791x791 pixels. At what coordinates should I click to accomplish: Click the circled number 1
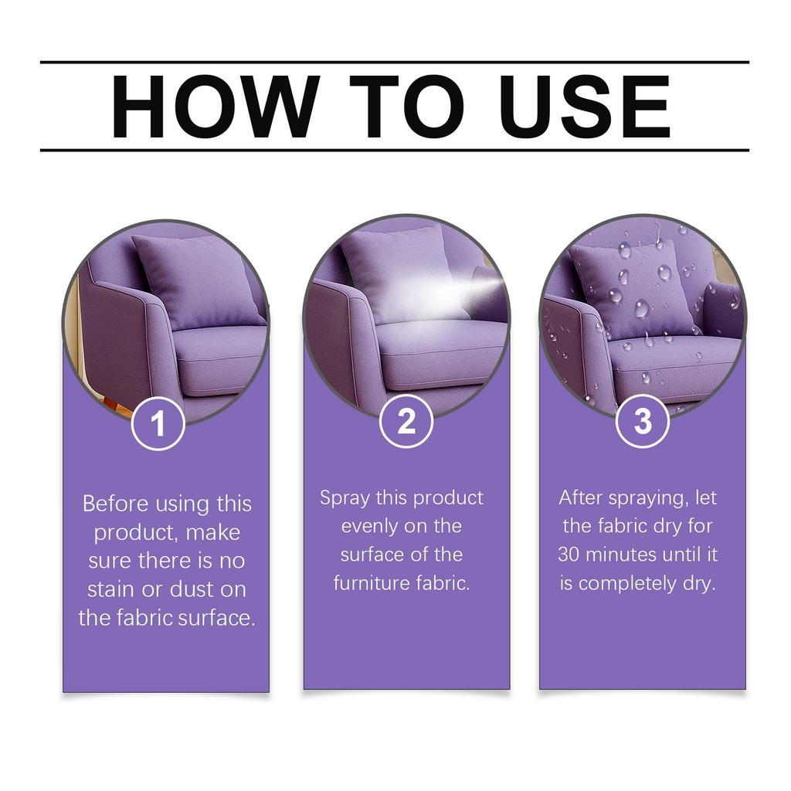[x=158, y=423]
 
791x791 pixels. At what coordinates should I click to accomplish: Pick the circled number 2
[x=406, y=421]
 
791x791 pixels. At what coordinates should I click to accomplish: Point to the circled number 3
[x=643, y=421]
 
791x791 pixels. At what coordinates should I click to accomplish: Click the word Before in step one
[x=116, y=504]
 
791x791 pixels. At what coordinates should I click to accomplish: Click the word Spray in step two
[x=345, y=498]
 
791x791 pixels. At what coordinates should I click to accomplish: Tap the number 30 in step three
[x=570, y=555]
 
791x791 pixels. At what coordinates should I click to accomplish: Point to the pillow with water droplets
[x=633, y=286]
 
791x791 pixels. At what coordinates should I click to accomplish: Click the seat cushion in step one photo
[x=220, y=355]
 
